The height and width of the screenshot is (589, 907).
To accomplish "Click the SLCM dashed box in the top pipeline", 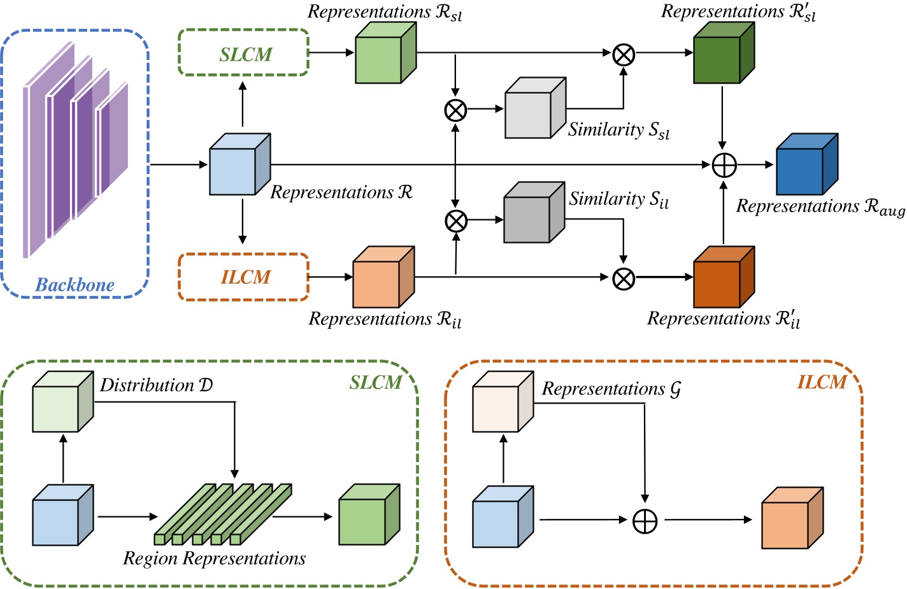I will [244, 53].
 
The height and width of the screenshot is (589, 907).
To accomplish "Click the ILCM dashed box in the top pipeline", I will [244, 277].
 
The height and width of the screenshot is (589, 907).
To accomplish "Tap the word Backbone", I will [75, 285].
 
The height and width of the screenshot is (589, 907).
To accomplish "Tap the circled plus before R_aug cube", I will [724, 165].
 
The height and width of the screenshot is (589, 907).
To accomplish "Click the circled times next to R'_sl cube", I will [624, 55].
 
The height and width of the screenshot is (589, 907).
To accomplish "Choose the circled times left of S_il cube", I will [455, 221].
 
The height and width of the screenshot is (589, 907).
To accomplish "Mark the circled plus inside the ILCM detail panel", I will [645, 521].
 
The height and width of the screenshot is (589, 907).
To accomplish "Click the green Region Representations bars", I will [223, 515].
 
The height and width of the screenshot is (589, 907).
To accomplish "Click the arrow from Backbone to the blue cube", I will [179, 165].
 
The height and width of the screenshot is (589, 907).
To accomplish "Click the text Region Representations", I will [214, 558].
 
